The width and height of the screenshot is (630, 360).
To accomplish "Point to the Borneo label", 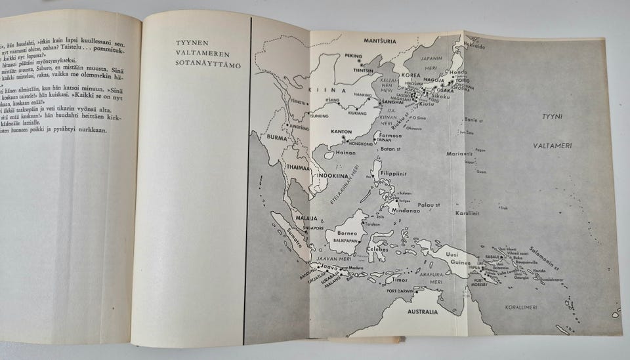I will point(347,233).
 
